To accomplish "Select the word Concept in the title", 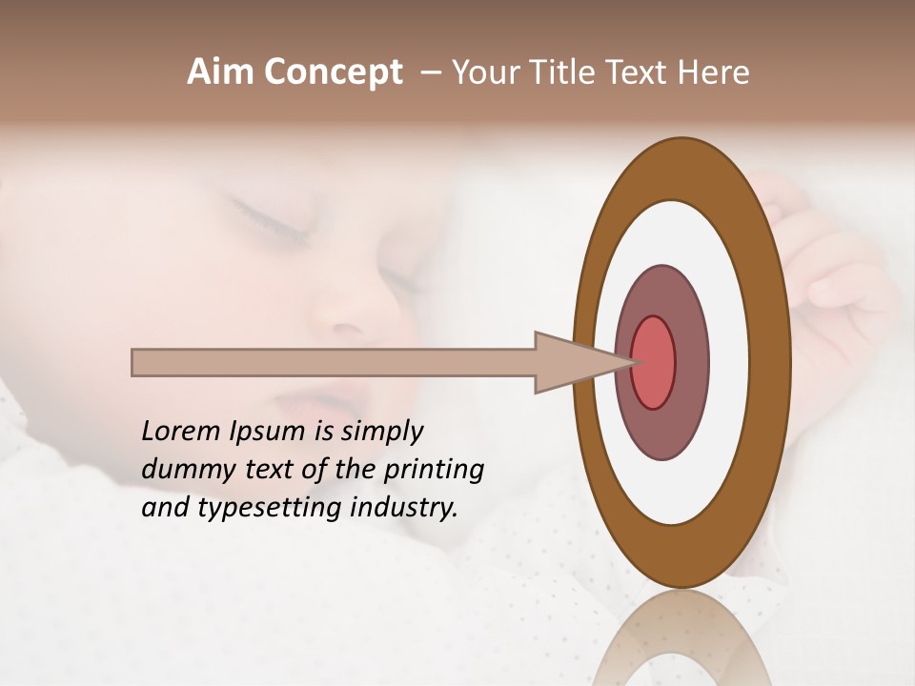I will coord(333,72).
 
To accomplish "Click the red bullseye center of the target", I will coord(653,362).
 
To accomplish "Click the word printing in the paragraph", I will coord(433,470).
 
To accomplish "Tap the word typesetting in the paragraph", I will coord(259,508).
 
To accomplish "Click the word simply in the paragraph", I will coord(381,432).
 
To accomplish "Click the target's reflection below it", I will coord(681,638).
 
